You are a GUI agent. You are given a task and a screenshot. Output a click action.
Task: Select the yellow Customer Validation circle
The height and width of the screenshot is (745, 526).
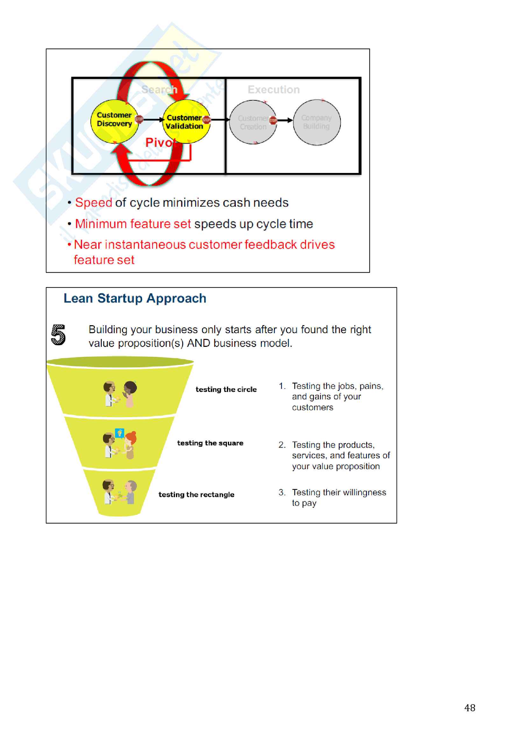[186, 121]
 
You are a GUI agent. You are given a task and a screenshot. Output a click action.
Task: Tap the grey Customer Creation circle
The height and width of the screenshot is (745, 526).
[252, 122]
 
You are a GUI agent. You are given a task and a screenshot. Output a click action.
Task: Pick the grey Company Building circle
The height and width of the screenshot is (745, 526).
[317, 122]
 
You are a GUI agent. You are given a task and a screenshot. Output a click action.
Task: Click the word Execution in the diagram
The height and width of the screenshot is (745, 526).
[274, 90]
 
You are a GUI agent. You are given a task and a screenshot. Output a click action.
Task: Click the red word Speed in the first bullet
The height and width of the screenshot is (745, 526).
[93, 203]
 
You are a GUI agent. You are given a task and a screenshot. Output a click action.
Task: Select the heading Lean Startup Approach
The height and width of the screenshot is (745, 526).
[135, 298]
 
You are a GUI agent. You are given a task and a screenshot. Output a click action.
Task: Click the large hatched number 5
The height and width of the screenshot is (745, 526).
[58, 335]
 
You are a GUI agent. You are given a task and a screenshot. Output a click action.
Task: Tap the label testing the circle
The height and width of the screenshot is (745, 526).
[226, 389]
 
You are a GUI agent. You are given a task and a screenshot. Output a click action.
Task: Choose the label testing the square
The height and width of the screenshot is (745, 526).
[210, 443]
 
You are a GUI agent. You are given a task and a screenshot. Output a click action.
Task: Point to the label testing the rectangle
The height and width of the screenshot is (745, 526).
[196, 495]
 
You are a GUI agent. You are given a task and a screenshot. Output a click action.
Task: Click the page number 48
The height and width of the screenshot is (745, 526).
[470, 708]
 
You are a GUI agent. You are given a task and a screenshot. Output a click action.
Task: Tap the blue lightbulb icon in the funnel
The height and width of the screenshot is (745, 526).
[120, 433]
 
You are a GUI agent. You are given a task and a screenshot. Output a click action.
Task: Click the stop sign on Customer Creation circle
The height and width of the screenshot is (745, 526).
[273, 120]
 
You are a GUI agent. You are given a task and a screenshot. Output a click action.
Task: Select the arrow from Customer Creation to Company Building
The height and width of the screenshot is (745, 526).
[285, 120]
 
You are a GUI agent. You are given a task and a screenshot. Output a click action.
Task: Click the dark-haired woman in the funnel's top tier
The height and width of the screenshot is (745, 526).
[130, 394]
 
